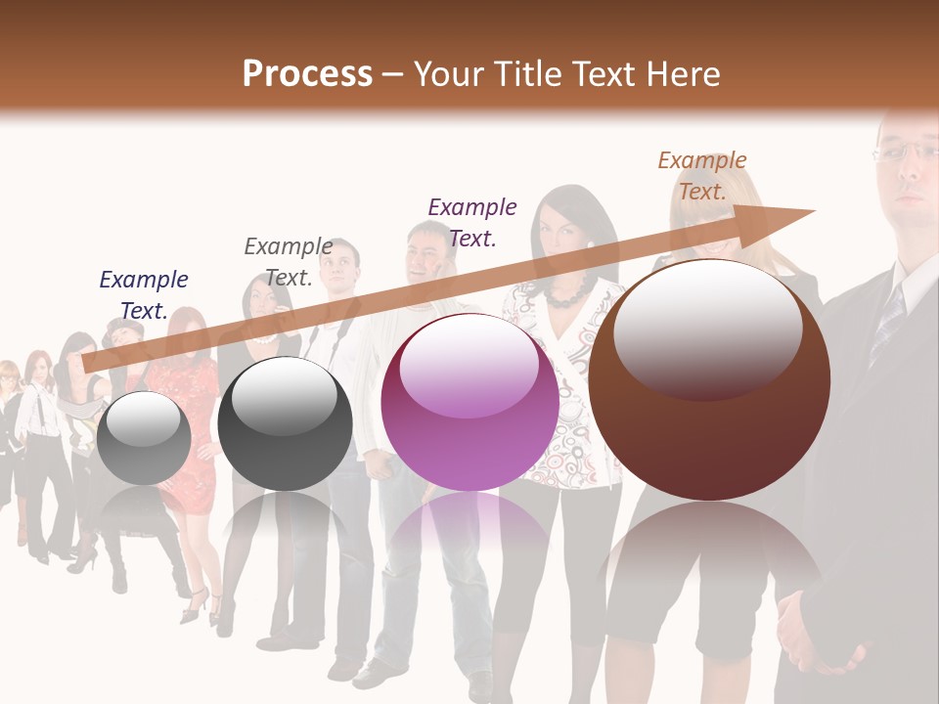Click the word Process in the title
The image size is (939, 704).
[x=307, y=73]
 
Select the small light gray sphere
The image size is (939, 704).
[x=144, y=437]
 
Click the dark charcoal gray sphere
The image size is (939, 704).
[x=285, y=423]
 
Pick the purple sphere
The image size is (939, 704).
[x=469, y=402]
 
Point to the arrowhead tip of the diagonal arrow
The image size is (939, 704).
[x=813, y=210]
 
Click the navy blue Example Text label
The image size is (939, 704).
[x=144, y=294]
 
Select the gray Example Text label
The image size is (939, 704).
[x=288, y=261]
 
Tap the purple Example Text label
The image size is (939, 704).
[x=472, y=221]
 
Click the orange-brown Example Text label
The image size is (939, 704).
[x=702, y=175]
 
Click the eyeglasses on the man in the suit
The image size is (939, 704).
[x=905, y=151]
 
